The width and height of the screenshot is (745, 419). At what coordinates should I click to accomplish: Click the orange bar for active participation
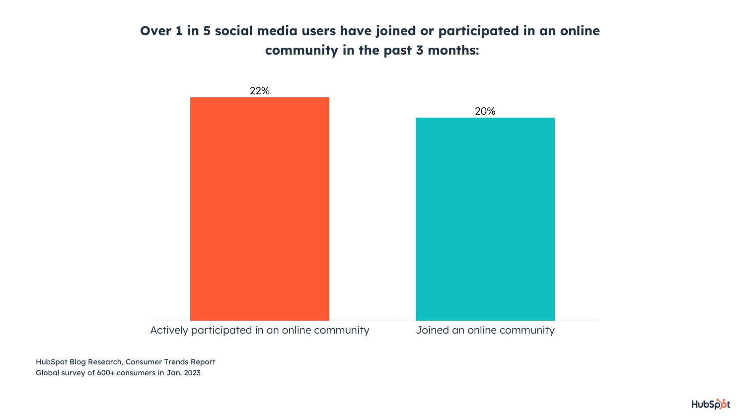259,209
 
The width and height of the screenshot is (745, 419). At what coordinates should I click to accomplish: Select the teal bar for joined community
485,219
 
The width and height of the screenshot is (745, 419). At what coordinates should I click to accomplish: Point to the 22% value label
260,91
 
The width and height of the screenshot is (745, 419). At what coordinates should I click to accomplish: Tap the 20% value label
485,111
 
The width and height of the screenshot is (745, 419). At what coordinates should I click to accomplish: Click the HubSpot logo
711,404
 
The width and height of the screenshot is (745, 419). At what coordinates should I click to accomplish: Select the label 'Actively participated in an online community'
260,330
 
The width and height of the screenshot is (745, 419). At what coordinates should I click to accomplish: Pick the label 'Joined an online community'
485,330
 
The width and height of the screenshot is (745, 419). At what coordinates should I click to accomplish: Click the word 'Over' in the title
155,31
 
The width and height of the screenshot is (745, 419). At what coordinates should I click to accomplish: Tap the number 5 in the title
207,31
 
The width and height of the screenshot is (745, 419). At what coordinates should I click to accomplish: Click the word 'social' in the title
233,31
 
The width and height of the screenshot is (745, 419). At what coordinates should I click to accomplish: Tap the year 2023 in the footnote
192,373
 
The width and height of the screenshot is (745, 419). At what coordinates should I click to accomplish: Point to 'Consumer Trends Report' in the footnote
170,362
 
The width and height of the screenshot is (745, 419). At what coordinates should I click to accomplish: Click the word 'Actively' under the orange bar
169,330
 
